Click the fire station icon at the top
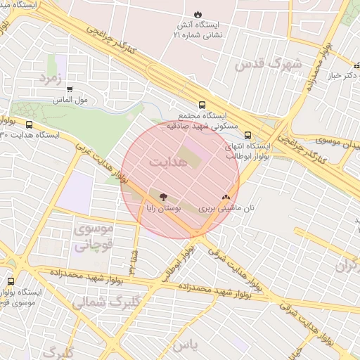tap(198, 14)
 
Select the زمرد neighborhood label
tap(53, 77)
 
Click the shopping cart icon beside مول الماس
tap(70, 89)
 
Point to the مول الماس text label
tap(70, 101)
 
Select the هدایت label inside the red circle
tap(168, 161)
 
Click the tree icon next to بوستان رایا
tap(164, 198)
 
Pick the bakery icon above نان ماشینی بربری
tap(226, 198)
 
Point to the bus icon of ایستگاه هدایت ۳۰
tap(29, 124)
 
